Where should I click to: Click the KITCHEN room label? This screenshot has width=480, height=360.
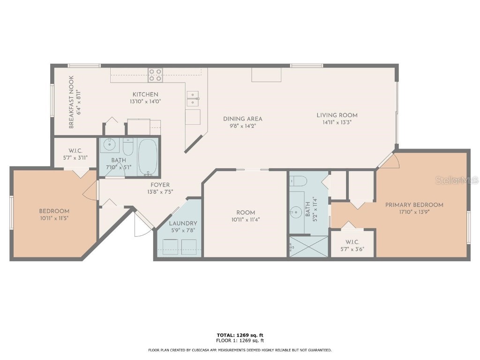point(145,94)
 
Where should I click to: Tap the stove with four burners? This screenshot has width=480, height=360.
point(155,75)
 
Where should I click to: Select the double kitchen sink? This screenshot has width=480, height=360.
point(192,98)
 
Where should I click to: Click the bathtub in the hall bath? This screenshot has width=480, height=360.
point(148,156)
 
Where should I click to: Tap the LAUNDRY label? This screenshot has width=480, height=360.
point(183,223)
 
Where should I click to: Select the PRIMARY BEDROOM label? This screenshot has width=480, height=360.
point(414,205)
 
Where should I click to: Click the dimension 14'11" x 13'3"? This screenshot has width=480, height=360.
point(337,122)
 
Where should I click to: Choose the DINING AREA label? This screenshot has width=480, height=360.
point(242,119)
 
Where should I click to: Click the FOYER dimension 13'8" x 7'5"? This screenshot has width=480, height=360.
point(159,192)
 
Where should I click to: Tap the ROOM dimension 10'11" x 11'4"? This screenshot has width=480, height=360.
point(245,219)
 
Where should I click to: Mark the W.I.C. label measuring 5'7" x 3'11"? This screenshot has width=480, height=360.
point(75,157)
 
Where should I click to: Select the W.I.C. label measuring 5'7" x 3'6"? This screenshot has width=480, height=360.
point(352,249)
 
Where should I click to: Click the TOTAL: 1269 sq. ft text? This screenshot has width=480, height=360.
point(240,335)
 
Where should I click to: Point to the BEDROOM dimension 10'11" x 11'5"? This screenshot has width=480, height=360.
point(54,218)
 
